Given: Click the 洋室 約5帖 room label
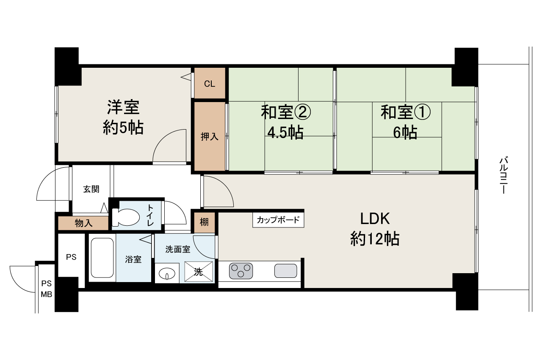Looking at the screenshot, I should (x=123, y=117).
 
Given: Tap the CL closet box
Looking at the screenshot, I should (x=210, y=83).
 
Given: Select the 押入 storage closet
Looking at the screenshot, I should (x=209, y=136).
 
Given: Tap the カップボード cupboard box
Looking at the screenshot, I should (x=278, y=220).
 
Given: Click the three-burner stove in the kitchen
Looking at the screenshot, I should (x=241, y=271).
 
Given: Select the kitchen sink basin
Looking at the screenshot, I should (x=285, y=271).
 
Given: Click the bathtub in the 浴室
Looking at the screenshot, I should (x=102, y=258).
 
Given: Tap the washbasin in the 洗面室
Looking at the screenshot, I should (x=168, y=274).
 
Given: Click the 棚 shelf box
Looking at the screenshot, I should (x=204, y=222).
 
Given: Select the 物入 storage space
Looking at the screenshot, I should (x=83, y=223).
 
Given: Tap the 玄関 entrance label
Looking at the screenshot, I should (x=91, y=189).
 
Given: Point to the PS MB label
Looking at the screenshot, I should (x=46, y=288).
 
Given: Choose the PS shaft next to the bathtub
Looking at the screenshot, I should (x=71, y=257).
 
